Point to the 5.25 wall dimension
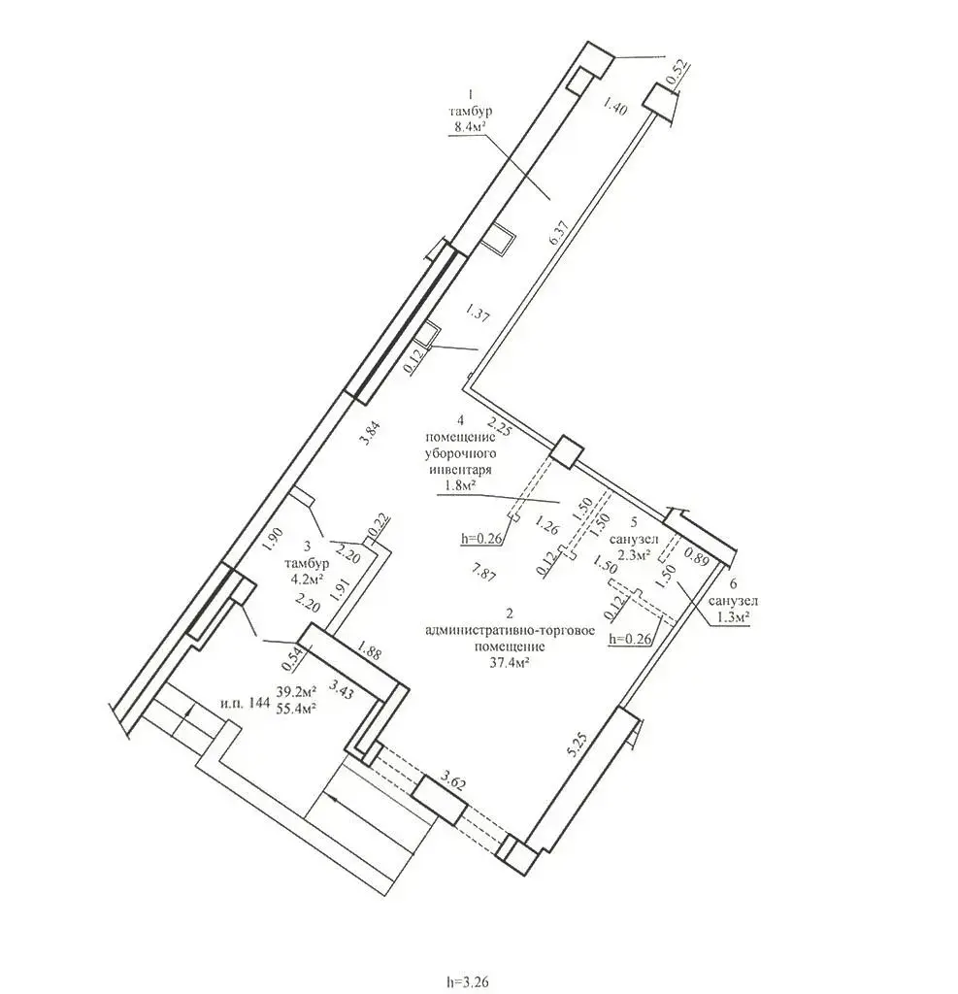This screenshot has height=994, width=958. coord(578,745)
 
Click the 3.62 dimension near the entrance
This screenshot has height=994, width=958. coord(453,781)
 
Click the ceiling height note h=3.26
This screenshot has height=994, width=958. coord(467,982)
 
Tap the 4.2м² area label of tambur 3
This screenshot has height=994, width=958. coord(307,579)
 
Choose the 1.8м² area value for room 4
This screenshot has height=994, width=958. coord(459,485)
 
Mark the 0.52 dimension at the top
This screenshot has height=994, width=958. coord(677,74)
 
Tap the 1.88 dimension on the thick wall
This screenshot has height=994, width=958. coord(370,651)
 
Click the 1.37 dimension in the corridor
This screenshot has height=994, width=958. coord(477,315)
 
